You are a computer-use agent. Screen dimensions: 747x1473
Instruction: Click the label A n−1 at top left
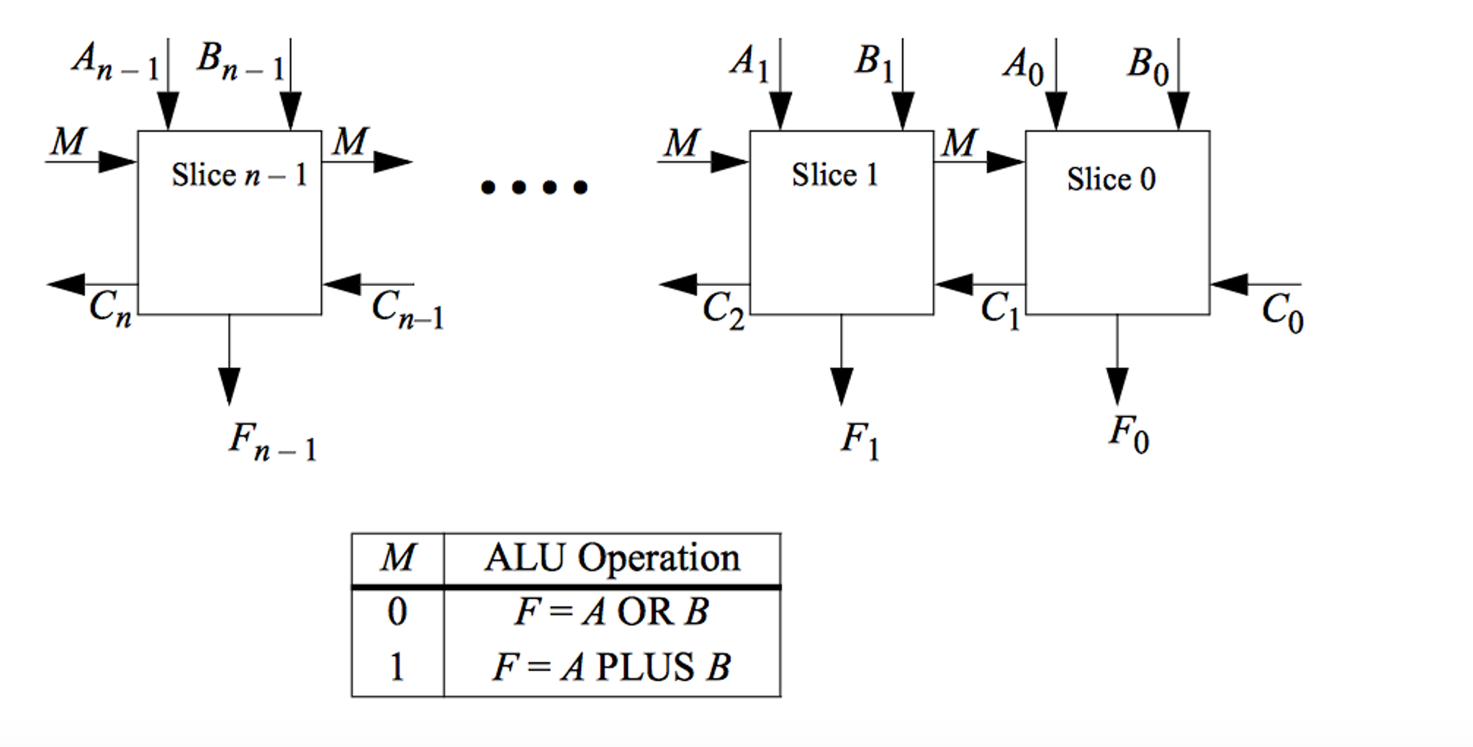coord(115,61)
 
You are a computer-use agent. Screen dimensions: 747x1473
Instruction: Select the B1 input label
coord(873,63)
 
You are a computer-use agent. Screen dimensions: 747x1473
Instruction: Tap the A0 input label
coord(1023,66)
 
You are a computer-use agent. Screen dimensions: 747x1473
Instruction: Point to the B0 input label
coord(1147,66)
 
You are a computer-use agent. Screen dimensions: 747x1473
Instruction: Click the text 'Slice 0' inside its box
coord(1111,179)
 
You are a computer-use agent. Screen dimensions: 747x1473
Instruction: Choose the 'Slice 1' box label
coord(834,175)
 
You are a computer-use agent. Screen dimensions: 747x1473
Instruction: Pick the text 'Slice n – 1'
coord(239,175)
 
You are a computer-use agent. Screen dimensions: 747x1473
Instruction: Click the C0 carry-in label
coord(1281,313)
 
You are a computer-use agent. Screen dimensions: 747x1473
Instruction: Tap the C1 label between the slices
coord(1000,310)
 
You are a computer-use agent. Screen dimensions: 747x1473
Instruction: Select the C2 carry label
coord(723,310)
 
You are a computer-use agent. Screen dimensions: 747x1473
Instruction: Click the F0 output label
coord(1128,434)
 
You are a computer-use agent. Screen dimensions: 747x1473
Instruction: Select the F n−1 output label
coord(272,441)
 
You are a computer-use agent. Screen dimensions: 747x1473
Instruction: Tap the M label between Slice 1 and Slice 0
coord(959,143)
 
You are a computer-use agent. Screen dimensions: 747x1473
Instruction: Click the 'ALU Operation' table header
coord(612,558)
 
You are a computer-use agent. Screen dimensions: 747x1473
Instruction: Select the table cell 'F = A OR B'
coord(612,612)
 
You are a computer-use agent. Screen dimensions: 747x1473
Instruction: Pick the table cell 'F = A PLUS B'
coord(612,666)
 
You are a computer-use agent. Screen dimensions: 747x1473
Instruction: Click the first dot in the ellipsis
coord(488,188)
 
